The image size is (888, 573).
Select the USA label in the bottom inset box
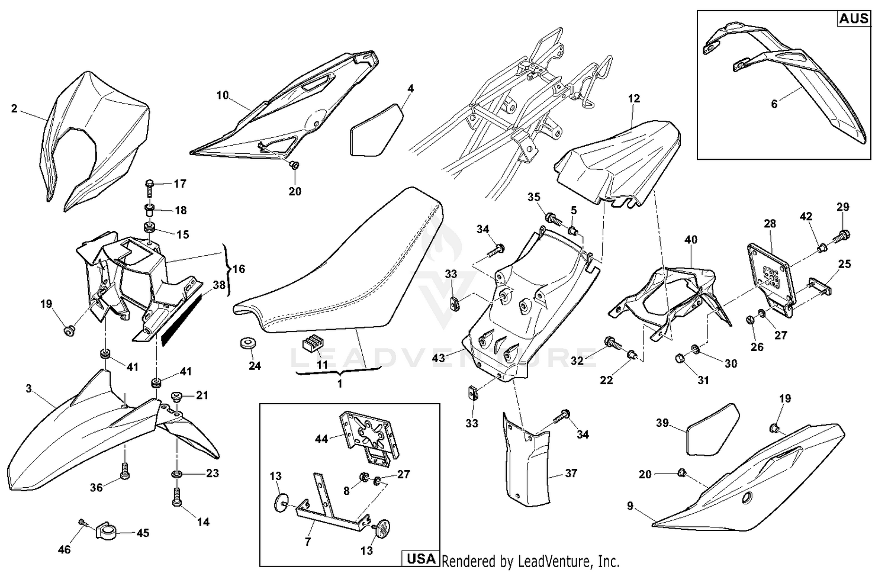(421, 558)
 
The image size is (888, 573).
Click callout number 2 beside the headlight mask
(14, 108)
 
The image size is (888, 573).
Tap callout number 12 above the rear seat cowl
(634, 99)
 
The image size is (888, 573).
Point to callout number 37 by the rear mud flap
(571, 473)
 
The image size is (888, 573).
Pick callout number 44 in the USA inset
(321, 439)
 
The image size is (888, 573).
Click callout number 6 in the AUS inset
(774, 104)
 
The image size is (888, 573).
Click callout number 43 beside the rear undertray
(439, 358)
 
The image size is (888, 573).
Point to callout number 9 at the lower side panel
(630, 506)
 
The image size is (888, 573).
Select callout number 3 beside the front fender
(28, 388)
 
